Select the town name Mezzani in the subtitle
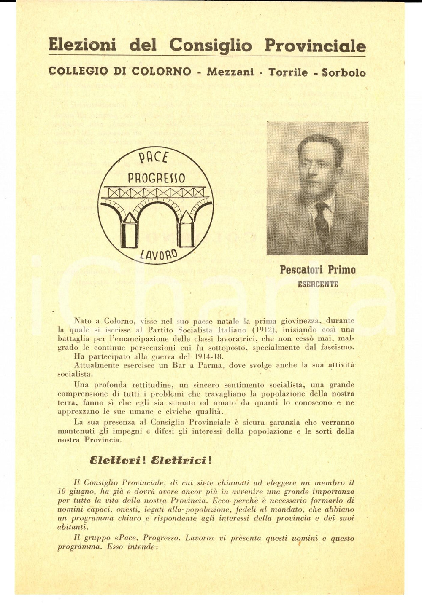pyautogui.click(x=230, y=72)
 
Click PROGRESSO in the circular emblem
pyautogui.click(x=156, y=179)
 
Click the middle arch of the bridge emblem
pyautogui.click(x=156, y=211)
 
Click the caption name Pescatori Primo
pyautogui.click(x=317, y=270)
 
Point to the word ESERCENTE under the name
pyautogui.click(x=318, y=284)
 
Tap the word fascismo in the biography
pyautogui.click(x=335, y=348)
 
